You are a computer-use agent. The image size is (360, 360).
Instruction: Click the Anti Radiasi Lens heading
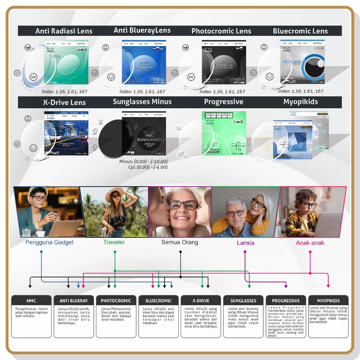pyautogui.click(x=64, y=31)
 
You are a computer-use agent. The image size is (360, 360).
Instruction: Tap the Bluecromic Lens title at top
pyautogui.click(x=300, y=31)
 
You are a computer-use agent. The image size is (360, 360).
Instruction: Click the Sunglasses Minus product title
pyautogui.click(x=142, y=102)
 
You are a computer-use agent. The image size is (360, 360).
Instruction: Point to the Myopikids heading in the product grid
pyautogui.click(x=300, y=102)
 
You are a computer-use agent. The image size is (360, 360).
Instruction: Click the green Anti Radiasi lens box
pyautogui.click(x=66, y=63)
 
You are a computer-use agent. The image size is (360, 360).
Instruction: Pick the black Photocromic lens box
pyautogui.click(x=224, y=63)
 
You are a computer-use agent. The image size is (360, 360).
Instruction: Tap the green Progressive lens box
pyautogui.click(x=224, y=133)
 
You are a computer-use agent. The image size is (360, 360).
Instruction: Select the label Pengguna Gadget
pyautogui.click(x=50, y=242)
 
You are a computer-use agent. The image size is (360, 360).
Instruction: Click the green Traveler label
pyautogui.click(x=114, y=242)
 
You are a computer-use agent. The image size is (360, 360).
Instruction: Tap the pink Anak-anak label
pyautogui.click(x=310, y=243)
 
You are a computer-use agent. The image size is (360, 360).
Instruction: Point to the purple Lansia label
pyautogui.click(x=245, y=243)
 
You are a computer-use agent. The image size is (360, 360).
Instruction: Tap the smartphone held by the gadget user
pyautogui.click(x=55, y=213)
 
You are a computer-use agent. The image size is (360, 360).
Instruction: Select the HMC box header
pyautogui.click(x=31, y=301)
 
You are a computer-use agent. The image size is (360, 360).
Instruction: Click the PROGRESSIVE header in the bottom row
pyautogui.click(x=286, y=301)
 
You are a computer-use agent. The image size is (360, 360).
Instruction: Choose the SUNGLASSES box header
pyautogui.click(x=243, y=301)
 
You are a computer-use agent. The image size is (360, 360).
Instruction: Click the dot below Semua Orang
pyautogui.click(x=180, y=252)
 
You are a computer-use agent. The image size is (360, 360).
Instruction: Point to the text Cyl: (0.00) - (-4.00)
pyautogui.click(x=148, y=167)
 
